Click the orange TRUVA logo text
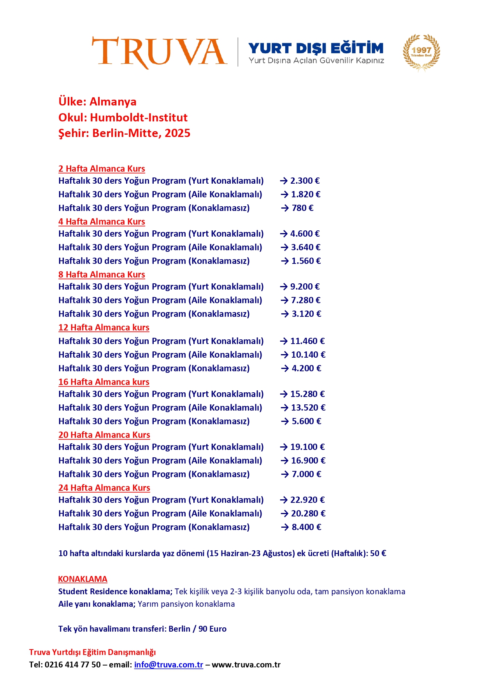pyautogui.click(x=159, y=52)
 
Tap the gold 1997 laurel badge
pyautogui.click(x=421, y=52)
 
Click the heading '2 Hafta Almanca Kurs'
pyautogui.click(x=102, y=169)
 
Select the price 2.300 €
pyautogui.click(x=305, y=181)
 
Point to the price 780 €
pyautogui.click(x=302, y=208)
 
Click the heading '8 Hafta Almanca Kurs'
pyautogui.click(x=102, y=275)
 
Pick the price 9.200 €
pyautogui.click(x=305, y=287)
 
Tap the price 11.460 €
pyautogui.click(x=307, y=341)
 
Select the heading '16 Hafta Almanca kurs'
pyautogui.click(x=104, y=382)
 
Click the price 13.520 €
pyautogui.click(x=308, y=408)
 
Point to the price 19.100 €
pyautogui.click(x=307, y=447)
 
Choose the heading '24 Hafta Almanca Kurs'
pyautogui.click(x=104, y=488)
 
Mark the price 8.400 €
pyautogui.click(x=306, y=527)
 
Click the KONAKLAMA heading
pyautogui.click(x=83, y=579)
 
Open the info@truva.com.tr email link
pyautogui.click(x=169, y=665)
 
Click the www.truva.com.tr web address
pyautogui.click(x=246, y=665)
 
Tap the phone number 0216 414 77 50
pyautogui.click(x=73, y=665)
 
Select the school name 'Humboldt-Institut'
pyautogui.click(x=139, y=118)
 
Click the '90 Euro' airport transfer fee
pyautogui.click(x=213, y=629)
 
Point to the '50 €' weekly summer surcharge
pyautogui.click(x=378, y=553)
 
